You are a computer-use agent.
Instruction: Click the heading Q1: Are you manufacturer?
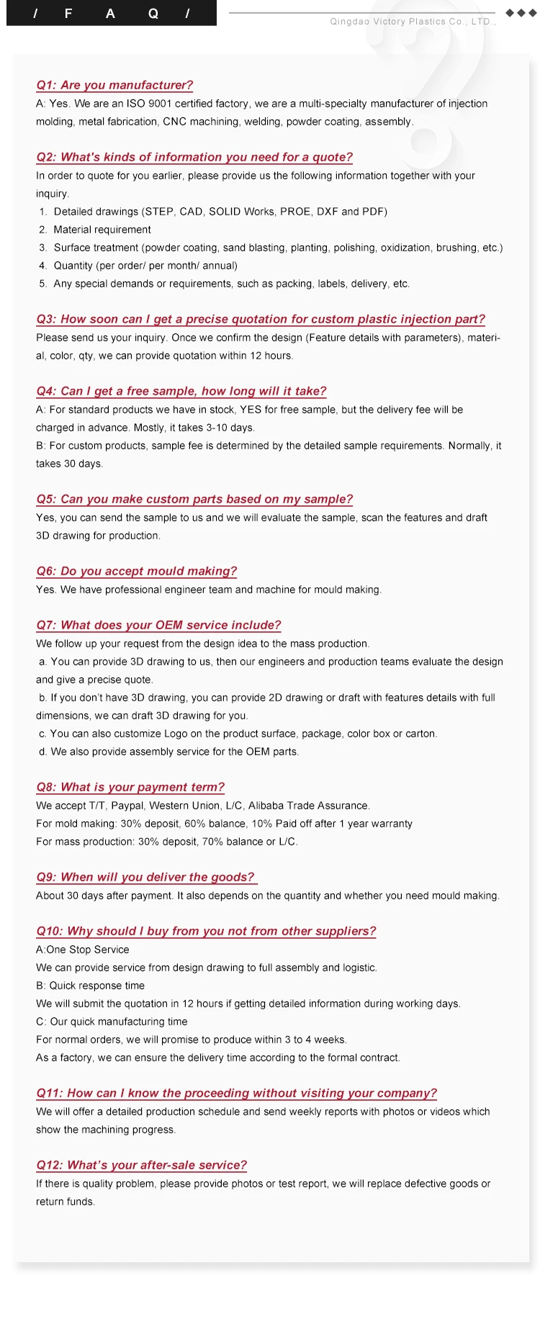tap(114, 85)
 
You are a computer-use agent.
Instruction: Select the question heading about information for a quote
tap(194, 157)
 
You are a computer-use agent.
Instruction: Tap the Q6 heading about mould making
tap(136, 571)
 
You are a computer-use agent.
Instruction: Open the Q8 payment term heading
tap(130, 787)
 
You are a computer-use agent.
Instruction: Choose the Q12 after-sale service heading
tap(141, 1165)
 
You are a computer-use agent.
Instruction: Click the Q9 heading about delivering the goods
tap(145, 877)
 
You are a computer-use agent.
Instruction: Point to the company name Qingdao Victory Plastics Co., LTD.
tap(413, 22)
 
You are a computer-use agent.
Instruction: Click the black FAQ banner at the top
tap(111, 13)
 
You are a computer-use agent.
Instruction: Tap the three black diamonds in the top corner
tap(521, 13)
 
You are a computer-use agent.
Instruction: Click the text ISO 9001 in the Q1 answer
tap(149, 104)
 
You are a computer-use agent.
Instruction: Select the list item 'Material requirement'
tap(102, 230)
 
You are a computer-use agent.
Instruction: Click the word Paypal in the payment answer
tap(127, 806)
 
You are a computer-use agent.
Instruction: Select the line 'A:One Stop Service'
tap(83, 950)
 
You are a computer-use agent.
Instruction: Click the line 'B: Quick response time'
tap(90, 986)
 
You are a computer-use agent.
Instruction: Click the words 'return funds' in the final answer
tap(65, 1202)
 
